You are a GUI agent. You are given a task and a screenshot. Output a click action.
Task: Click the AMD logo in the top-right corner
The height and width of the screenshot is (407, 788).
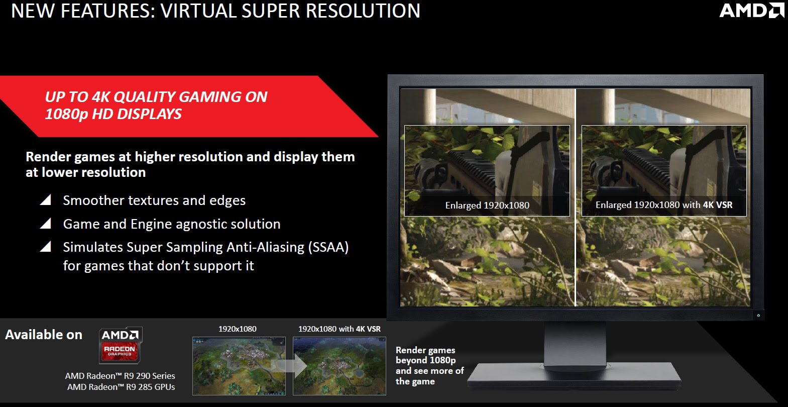(751, 10)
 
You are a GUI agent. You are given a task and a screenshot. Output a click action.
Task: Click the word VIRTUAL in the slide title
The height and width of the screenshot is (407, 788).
(198, 11)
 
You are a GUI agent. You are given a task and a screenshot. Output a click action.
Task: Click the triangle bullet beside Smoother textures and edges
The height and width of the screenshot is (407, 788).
(46, 199)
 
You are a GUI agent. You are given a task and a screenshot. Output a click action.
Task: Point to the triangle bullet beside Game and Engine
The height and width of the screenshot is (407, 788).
(46, 223)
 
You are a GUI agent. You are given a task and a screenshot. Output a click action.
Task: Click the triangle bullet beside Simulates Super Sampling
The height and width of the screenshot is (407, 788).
(46, 246)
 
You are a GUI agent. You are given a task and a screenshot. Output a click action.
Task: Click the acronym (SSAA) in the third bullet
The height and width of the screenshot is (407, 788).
(328, 247)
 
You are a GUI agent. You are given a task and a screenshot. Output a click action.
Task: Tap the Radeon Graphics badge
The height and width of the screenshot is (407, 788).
(121, 345)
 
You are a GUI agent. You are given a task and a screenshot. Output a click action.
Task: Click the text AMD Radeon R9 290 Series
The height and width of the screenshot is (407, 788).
(120, 376)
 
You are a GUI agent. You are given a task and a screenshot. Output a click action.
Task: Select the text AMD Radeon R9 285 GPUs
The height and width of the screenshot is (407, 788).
(121, 387)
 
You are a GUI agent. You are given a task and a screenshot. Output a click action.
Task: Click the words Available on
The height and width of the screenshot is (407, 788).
(44, 335)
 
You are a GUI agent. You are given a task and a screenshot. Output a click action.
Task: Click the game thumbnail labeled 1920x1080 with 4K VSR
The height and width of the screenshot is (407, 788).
(340, 366)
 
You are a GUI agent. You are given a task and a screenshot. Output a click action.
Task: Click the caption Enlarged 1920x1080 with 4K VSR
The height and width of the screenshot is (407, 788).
(664, 205)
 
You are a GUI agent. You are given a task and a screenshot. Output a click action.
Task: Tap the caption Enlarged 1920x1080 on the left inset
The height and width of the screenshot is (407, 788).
(487, 206)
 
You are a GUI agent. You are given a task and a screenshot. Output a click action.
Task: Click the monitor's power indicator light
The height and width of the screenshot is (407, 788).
(758, 316)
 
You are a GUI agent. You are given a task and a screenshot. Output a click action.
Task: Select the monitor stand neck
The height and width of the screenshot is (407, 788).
(575, 343)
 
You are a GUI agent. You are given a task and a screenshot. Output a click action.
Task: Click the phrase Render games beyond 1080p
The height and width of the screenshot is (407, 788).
(426, 355)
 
